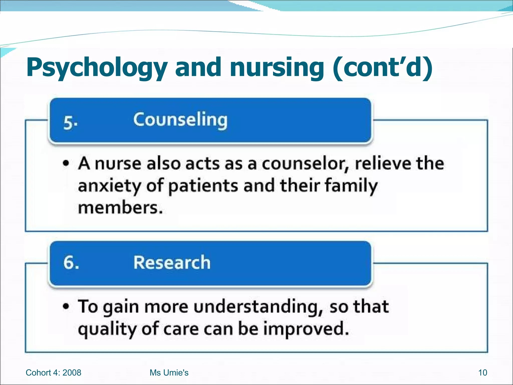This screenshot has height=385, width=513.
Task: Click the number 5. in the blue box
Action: [70, 123]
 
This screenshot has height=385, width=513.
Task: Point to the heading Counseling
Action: [180, 120]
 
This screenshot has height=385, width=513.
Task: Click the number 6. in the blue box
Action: [71, 263]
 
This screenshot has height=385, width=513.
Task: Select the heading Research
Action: [172, 262]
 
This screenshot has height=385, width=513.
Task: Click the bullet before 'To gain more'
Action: [66, 306]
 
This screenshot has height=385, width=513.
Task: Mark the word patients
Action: [203, 186]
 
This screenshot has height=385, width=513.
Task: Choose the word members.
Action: [120, 208]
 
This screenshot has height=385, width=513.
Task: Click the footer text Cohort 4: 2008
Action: [53, 373]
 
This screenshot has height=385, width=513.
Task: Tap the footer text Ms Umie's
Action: [169, 373]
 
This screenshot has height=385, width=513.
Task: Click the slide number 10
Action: [482, 373]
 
